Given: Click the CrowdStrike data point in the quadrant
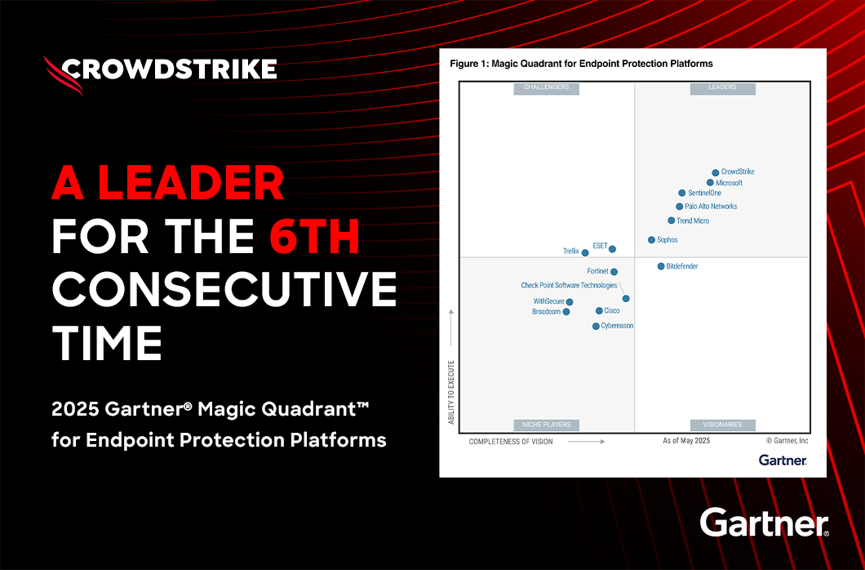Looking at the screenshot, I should [x=716, y=172].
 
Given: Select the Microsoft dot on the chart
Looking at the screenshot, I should [x=710, y=183].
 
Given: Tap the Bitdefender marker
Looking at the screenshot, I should [x=661, y=266].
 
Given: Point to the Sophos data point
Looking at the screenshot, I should [x=651, y=240].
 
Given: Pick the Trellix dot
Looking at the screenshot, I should [x=585, y=252].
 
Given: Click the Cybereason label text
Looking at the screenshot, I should [x=617, y=326].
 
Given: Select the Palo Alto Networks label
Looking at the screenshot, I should [x=711, y=207].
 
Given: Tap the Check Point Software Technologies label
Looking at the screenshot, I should [x=569, y=286].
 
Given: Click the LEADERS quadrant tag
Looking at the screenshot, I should [x=722, y=87].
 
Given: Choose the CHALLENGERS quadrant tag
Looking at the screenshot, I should [x=546, y=87].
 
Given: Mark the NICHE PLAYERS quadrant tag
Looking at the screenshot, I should [x=546, y=425].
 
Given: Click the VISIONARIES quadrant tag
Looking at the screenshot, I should [x=722, y=425].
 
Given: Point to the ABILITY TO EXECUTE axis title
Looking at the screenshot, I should [x=450, y=392].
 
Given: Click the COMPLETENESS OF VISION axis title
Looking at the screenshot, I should [x=511, y=442].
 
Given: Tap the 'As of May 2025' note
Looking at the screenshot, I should [x=686, y=441].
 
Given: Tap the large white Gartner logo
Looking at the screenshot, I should [x=764, y=523].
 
